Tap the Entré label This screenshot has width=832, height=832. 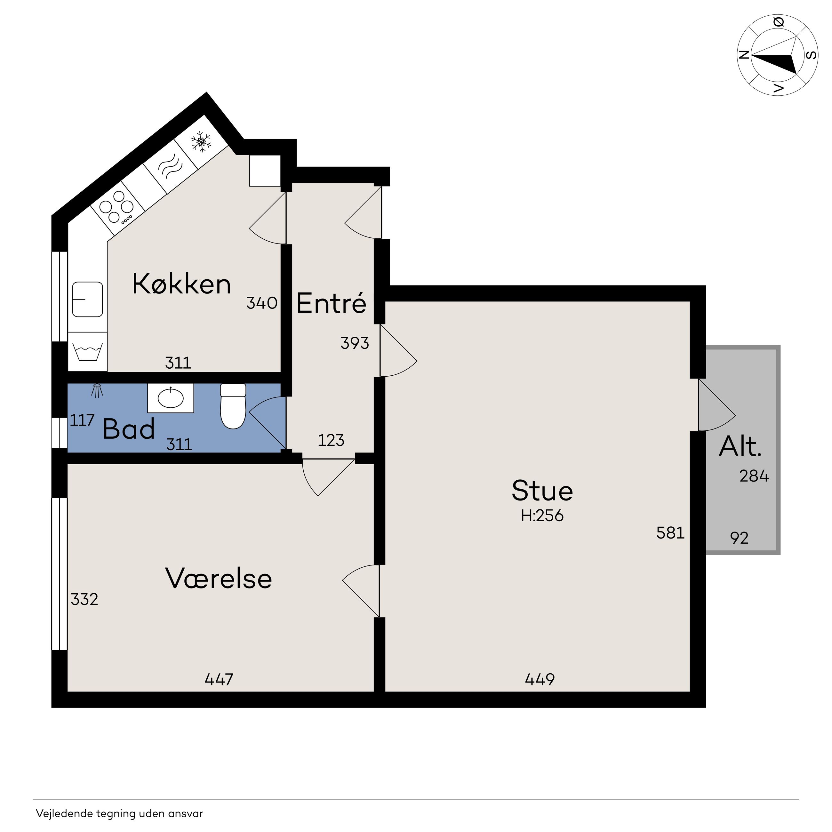[x=331, y=303]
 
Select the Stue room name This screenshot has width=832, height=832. [x=542, y=491]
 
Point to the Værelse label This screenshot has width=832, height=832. [x=219, y=578]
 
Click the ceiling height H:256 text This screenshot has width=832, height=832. [x=542, y=516]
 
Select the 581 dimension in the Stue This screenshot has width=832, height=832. [x=670, y=533]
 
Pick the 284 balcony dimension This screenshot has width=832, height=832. [x=754, y=476]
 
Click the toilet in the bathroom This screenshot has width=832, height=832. [x=233, y=406]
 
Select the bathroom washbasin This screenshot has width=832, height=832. [x=171, y=398]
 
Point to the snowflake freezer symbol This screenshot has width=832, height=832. [x=201, y=141]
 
